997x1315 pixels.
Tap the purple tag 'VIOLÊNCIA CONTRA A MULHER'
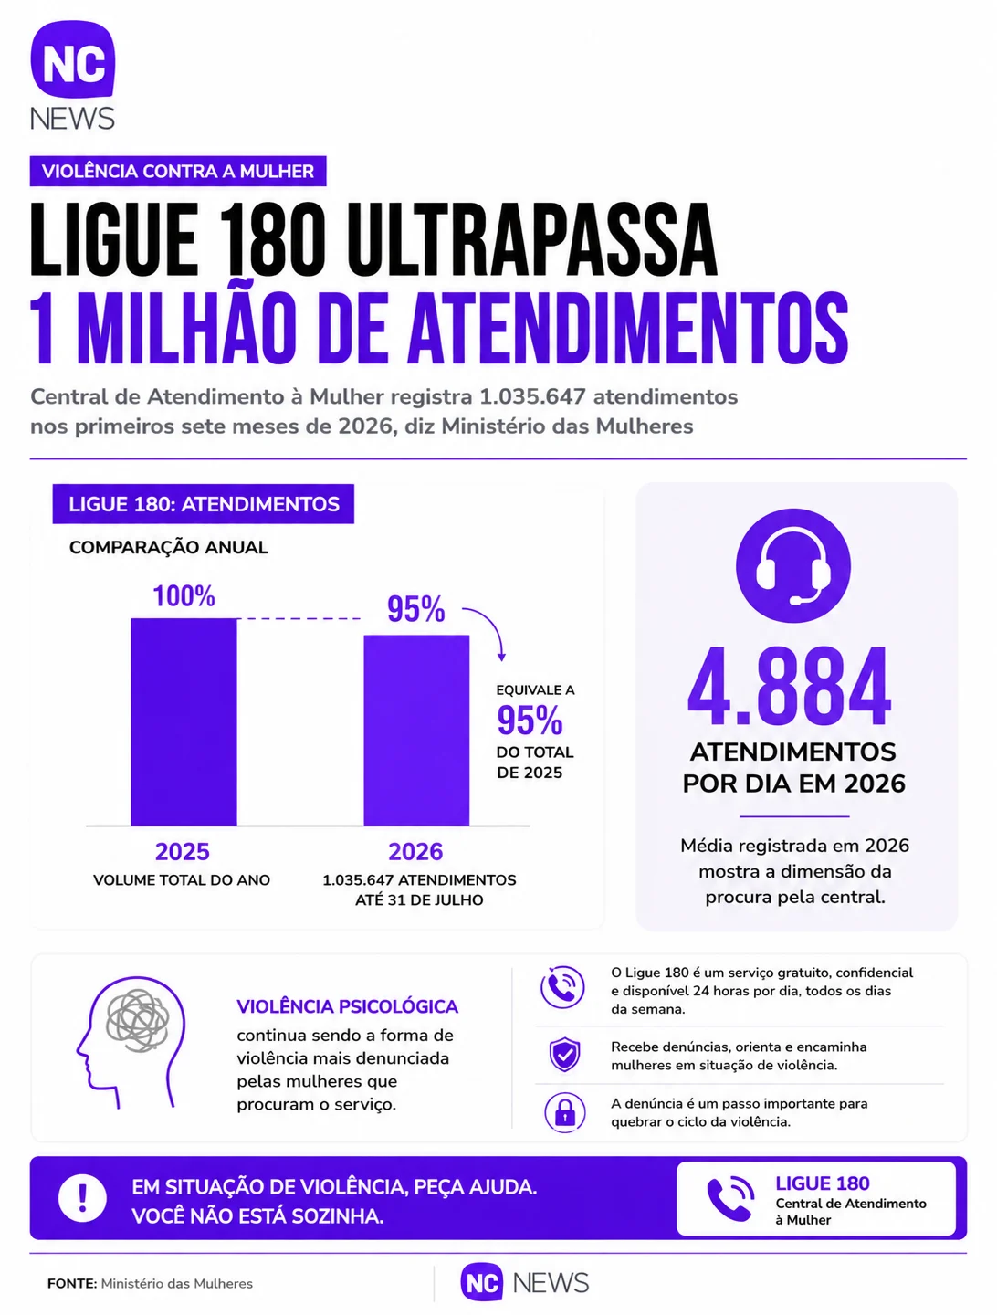coord(178,172)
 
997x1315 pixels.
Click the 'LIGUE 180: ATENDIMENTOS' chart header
coord(203,504)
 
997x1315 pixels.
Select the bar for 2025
coord(184,722)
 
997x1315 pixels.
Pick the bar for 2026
coord(416,731)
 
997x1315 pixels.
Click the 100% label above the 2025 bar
coord(184,596)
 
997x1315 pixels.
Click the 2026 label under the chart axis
coord(415,851)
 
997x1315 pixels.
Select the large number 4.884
coord(790,686)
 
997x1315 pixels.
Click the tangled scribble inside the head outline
coord(137,1020)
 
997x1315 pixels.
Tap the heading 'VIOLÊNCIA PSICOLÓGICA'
coord(347,1006)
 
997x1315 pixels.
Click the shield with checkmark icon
coord(564,1055)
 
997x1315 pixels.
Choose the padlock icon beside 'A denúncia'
coord(564,1112)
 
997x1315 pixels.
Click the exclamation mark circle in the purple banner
coord(83,1198)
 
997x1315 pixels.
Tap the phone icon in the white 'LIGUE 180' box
coord(729,1198)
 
